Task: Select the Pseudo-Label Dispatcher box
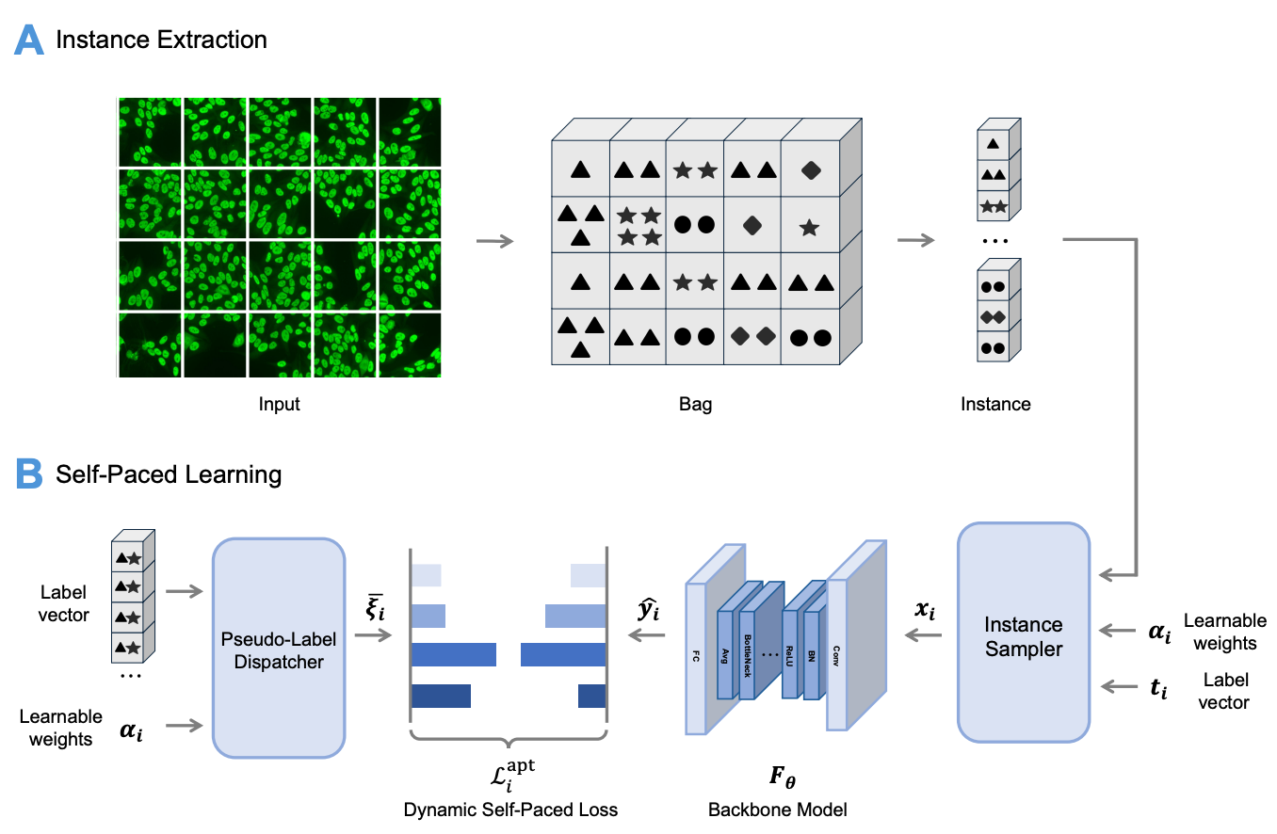[x=279, y=648]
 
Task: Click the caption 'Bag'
[x=695, y=405]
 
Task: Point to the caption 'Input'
[x=279, y=405]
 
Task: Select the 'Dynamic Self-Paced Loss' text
[x=510, y=810]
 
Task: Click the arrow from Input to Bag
[x=495, y=241]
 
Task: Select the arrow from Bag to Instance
[x=915, y=241]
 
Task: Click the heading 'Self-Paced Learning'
[x=169, y=474]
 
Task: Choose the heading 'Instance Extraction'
[x=161, y=40]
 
